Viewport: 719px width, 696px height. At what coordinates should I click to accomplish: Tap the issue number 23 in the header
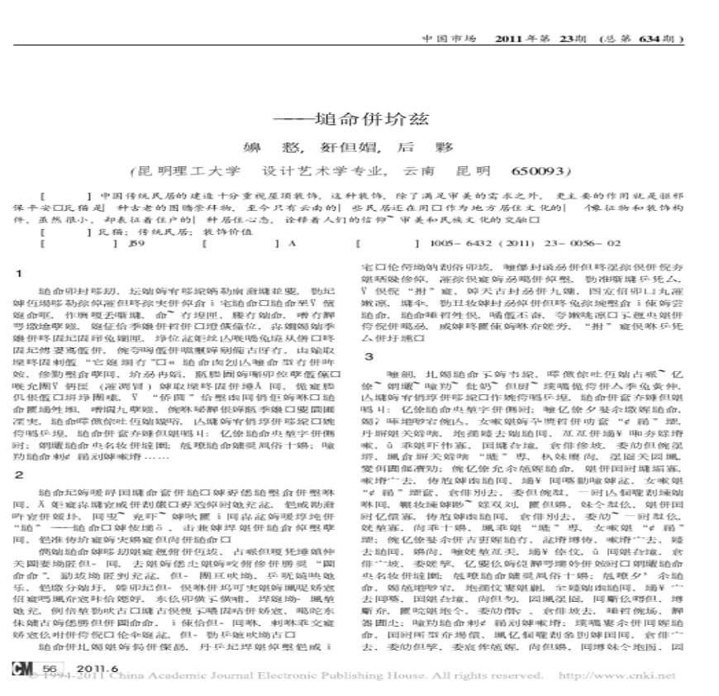[572, 39]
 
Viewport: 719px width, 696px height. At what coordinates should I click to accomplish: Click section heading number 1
[18, 274]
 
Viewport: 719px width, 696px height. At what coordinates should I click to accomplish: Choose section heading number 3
[369, 356]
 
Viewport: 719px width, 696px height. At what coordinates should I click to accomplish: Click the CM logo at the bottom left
[24, 668]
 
